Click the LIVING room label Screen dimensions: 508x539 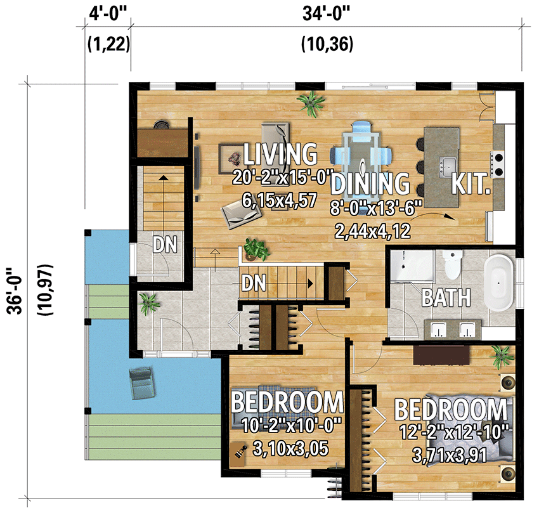(x=280, y=154)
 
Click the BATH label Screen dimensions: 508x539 (x=446, y=296)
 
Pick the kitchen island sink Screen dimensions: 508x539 (x=448, y=164)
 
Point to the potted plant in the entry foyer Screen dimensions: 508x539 (x=148, y=303)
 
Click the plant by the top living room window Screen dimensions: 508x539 (x=312, y=101)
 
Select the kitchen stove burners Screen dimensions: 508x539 (x=498, y=163)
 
